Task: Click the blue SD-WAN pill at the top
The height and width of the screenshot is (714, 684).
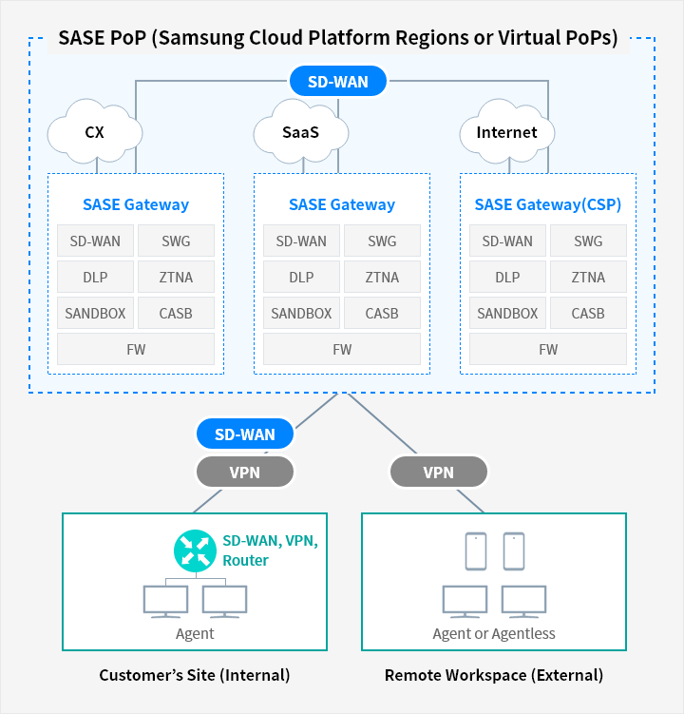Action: pyautogui.click(x=338, y=82)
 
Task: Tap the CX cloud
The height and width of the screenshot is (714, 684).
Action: pyautogui.click(x=95, y=131)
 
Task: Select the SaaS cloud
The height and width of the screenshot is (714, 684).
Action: pyautogui.click(x=301, y=131)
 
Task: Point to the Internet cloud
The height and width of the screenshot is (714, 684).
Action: pyautogui.click(x=507, y=131)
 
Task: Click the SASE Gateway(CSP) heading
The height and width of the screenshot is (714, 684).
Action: pyautogui.click(x=548, y=204)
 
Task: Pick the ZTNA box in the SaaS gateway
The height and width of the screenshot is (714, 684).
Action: pyautogui.click(x=382, y=277)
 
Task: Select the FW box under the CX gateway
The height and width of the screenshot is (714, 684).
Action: pyautogui.click(x=136, y=349)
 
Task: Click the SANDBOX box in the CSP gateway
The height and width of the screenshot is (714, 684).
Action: pyautogui.click(x=507, y=314)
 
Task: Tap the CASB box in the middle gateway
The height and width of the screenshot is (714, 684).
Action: pyautogui.click(x=382, y=314)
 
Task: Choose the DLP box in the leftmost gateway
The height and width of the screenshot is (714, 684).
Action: pyautogui.click(x=95, y=277)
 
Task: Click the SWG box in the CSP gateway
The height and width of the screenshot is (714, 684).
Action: pyautogui.click(x=588, y=241)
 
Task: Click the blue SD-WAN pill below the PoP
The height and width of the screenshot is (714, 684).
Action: pyautogui.click(x=245, y=434)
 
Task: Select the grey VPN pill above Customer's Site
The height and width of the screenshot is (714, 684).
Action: pyautogui.click(x=245, y=473)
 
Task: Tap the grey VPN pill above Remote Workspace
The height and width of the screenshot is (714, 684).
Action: pyautogui.click(x=439, y=473)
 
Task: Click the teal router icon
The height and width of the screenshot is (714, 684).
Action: pyautogui.click(x=196, y=551)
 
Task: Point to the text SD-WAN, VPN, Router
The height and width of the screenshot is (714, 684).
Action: pyautogui.click(x=271, y=550)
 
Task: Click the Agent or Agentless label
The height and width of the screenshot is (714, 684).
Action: pyautogui.click(x=494, y=633)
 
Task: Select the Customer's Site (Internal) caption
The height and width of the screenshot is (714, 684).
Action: pyautogui.click(x=195, y=675)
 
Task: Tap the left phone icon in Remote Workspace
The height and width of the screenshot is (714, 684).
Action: pyautogui.click(x=476, y=551)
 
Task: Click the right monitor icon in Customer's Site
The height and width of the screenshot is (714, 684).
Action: pyautogui.click(x=225, y=602)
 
